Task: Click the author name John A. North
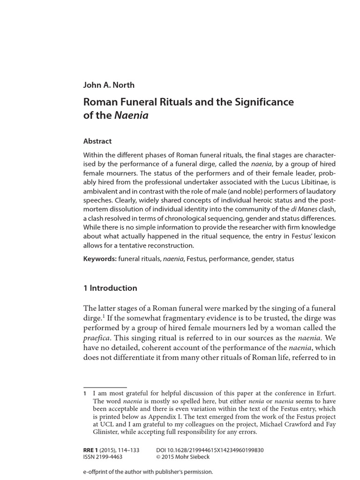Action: [x=109, y=85]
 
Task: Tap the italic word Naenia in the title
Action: [x=131, y=115]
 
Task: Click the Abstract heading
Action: [x=97, y=141]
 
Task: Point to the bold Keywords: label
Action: [x=100, y=259]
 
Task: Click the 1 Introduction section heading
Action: [x=110, y=288]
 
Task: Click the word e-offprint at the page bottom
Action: [x=98, y=472]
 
